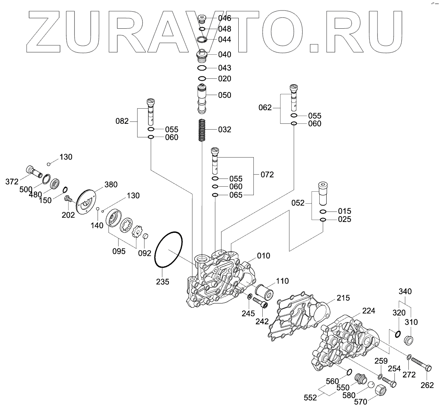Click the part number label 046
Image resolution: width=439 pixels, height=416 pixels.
click(x=225, y=18)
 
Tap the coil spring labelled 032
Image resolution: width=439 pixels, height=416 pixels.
click(x=202, y=130)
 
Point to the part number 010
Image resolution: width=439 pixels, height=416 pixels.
click(x=263, y=256)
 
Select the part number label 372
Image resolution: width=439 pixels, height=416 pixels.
click(x=12, y=182)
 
